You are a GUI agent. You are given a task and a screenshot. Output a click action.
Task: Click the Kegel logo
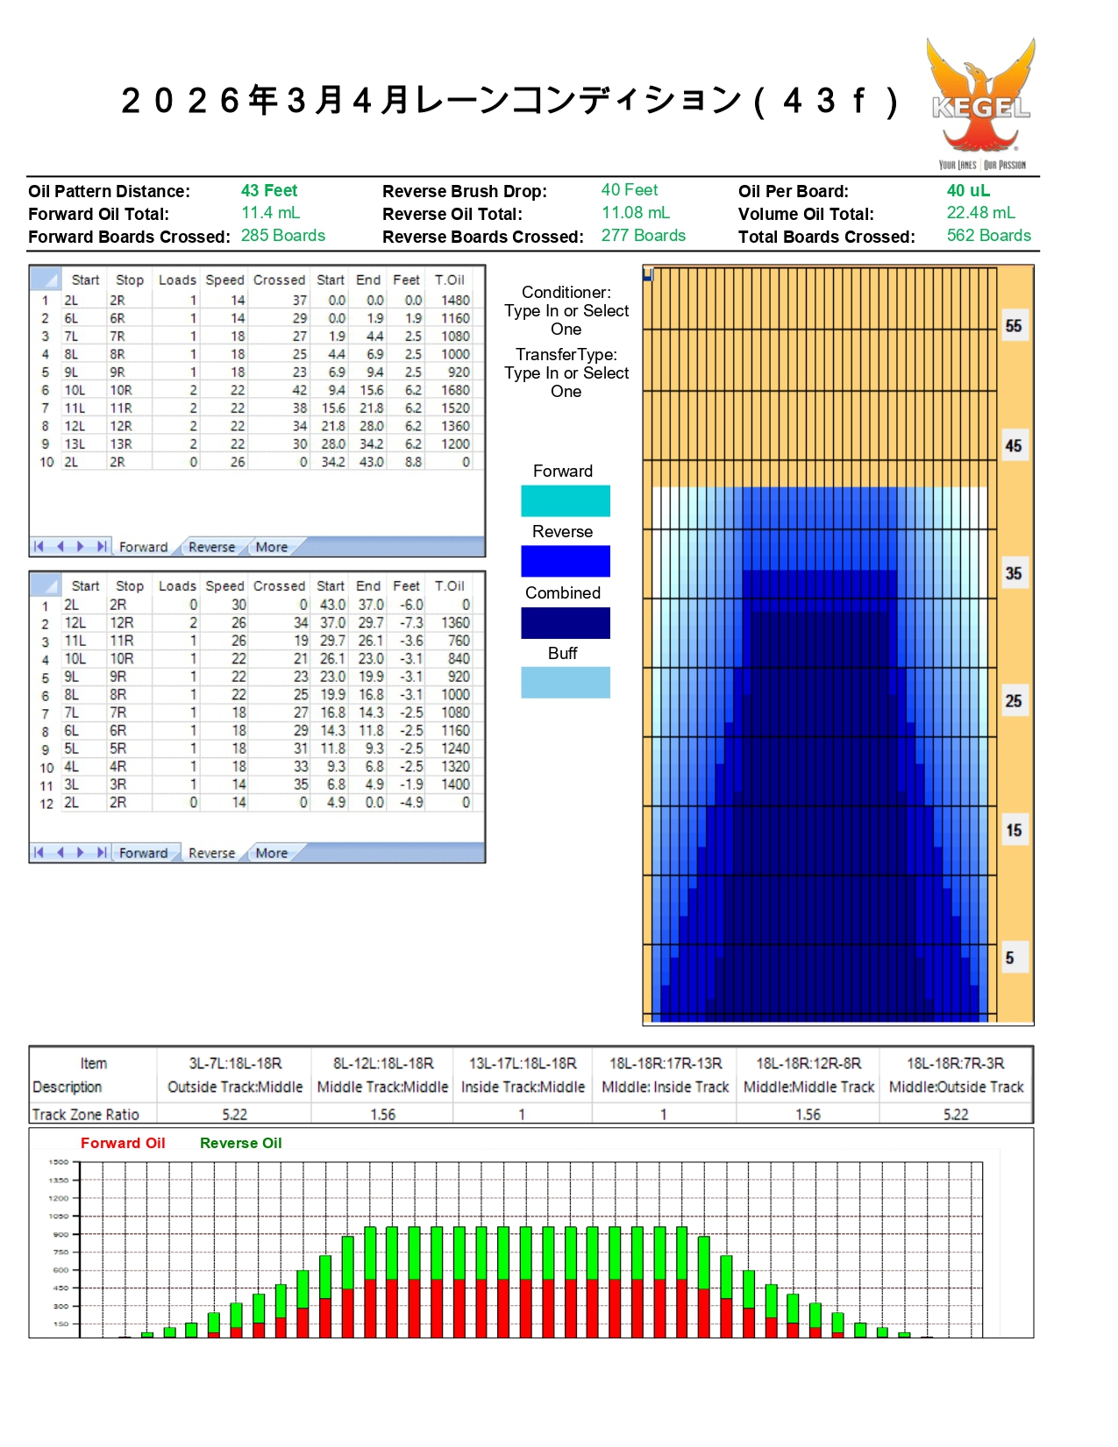coord(981,103)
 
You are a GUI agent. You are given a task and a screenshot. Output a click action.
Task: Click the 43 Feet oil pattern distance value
coord(269,191)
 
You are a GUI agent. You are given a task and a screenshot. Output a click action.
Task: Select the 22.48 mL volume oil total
coord(980,213)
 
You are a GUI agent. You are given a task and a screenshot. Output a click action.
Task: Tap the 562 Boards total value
coord(988,236)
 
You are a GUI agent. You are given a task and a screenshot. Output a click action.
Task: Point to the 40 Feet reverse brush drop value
coord(629,190)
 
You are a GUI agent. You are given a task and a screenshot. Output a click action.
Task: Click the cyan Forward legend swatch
coord(565,500)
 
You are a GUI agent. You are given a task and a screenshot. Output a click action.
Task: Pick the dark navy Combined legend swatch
coord(565,622)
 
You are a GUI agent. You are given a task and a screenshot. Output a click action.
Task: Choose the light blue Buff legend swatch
coord(565,683)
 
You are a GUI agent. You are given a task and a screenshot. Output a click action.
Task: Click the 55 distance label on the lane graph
coord(1014,326)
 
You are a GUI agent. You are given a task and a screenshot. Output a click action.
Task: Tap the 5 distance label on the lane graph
coord(1010,958)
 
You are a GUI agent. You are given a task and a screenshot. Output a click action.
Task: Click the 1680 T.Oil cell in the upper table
coord(455,390)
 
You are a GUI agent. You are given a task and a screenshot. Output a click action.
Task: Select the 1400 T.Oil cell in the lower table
coord(455,784)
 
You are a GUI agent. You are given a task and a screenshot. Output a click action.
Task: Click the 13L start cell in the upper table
coord(75,444)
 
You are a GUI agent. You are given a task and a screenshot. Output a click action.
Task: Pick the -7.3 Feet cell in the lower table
coord(409,623)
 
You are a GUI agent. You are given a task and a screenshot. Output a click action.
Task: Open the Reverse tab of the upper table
coord(211,547)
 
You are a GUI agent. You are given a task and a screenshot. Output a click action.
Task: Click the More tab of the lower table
coord(271,853)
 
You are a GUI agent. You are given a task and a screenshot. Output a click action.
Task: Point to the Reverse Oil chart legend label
coord(240,1143)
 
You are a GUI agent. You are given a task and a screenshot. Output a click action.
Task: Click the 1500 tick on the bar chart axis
coord(59,1162)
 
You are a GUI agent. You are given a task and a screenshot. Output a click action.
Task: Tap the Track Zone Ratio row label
coord(86,1115)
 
